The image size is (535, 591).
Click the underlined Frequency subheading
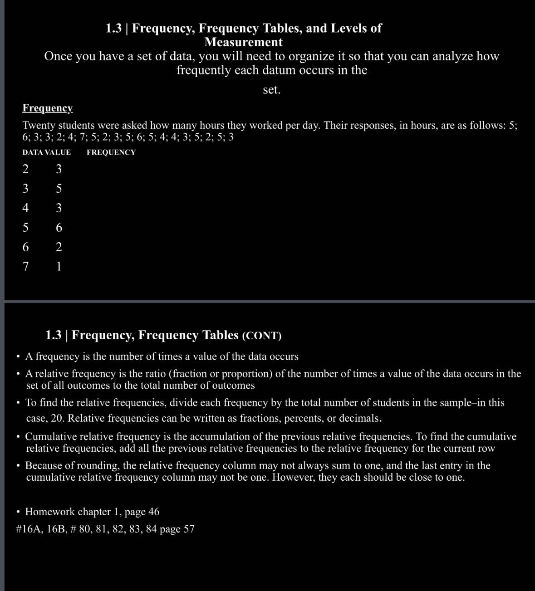[47, 108]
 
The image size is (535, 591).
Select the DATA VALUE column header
[47, 152]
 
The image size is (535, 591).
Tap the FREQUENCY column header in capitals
[111, 152]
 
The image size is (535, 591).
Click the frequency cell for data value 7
[59, 267]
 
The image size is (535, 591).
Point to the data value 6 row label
[26, 247]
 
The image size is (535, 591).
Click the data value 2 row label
[26, 170]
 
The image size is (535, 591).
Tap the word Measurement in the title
[243, 42]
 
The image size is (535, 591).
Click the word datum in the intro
[251, 70]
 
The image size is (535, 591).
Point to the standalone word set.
[272, 90]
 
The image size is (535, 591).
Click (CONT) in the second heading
[262, 336]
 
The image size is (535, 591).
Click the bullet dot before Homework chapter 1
[18, 512]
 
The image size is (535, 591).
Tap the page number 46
[154, 512]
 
